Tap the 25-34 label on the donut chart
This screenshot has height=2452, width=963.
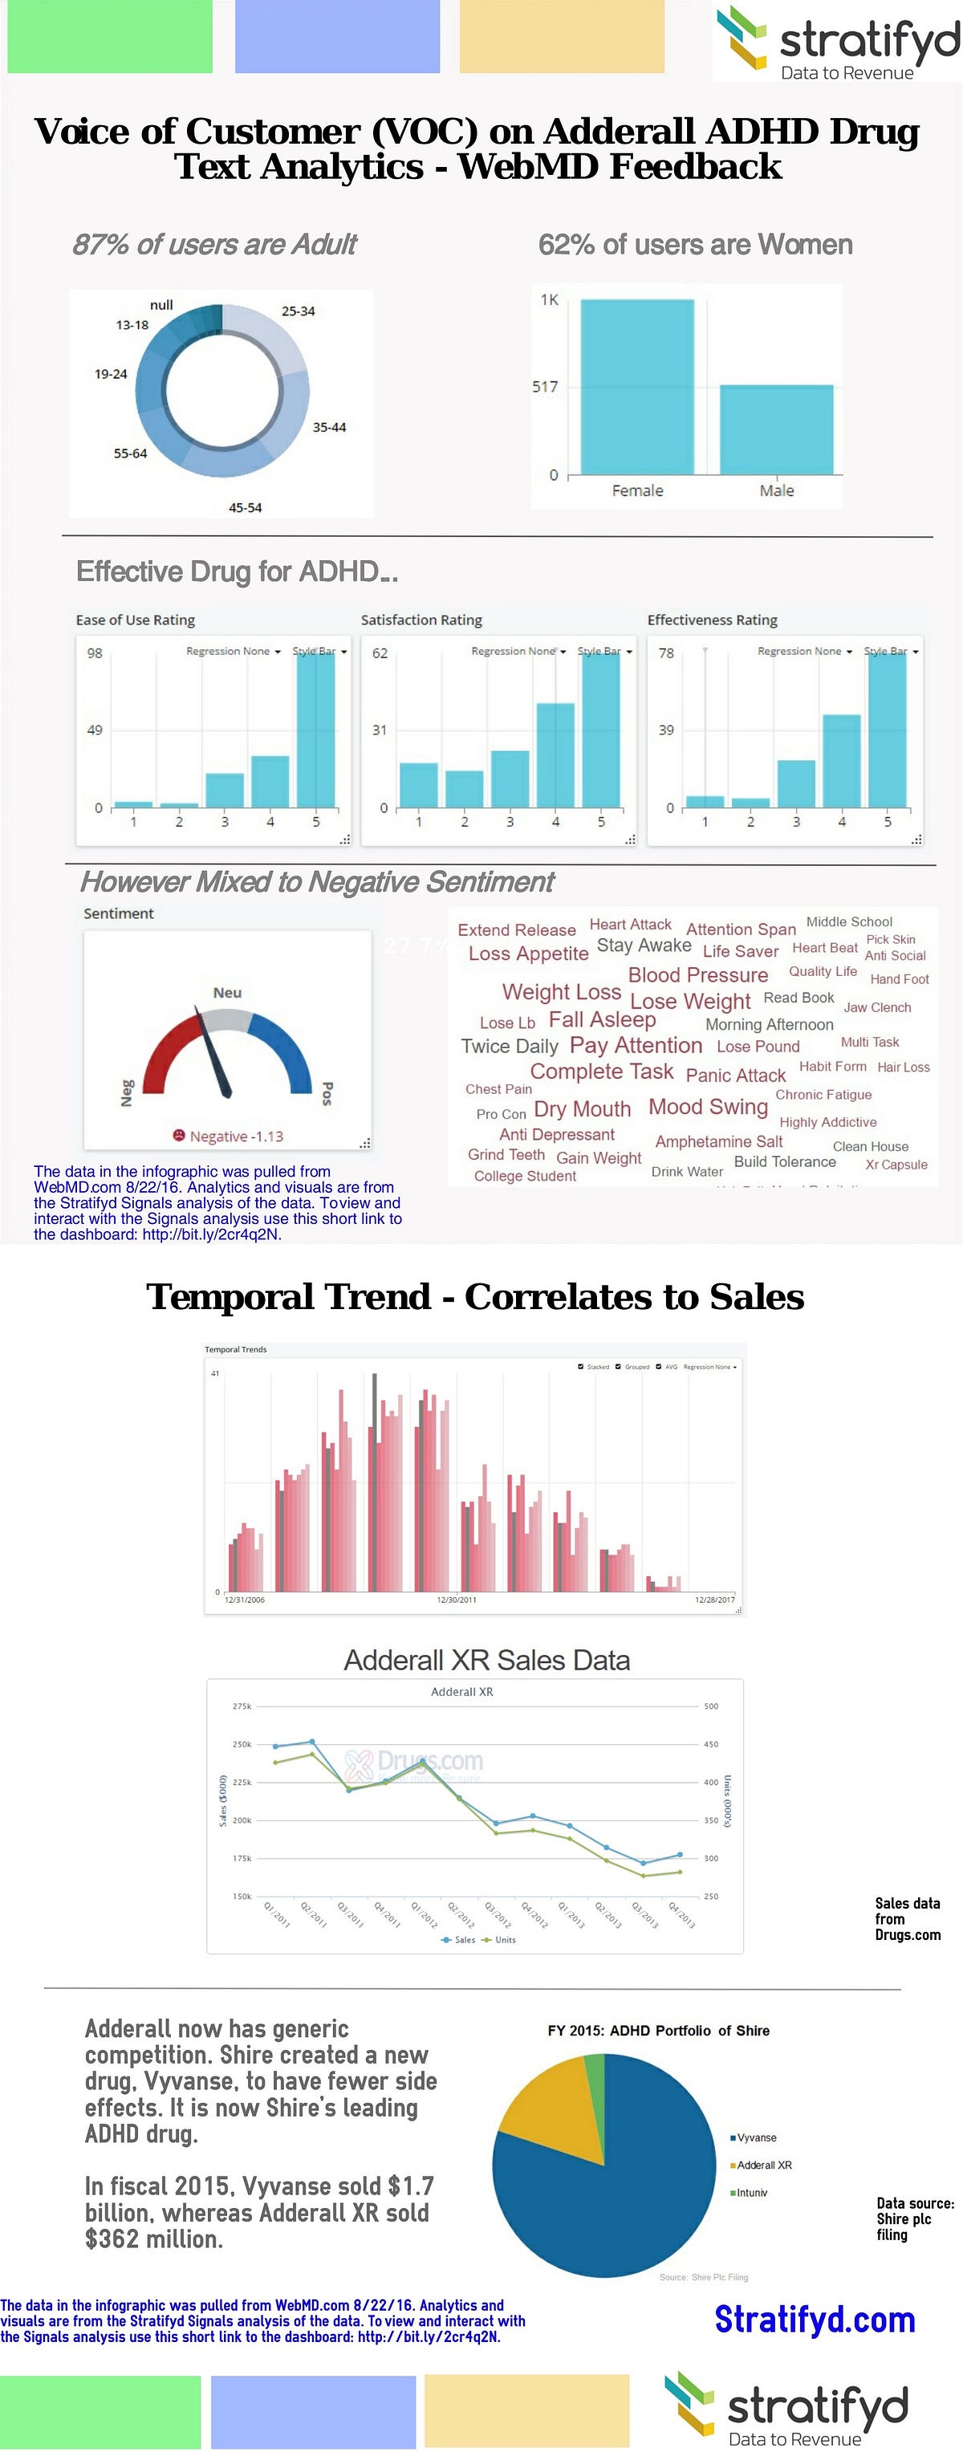pos(298,311)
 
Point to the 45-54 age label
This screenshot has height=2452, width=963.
pos(245,507)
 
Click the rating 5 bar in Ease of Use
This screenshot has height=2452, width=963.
pos(316,729)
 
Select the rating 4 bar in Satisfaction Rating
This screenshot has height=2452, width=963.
pos(555,754)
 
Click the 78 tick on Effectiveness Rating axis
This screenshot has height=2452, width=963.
pos(666,653)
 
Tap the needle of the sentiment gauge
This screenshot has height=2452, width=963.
pos(216,1056)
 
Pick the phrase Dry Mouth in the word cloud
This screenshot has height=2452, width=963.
pos(582,1109)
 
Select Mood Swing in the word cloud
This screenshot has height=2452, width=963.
pos(708,1107)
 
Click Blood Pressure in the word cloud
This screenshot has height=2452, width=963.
pos(697,974)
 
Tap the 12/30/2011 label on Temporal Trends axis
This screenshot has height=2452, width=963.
pos(457,1599)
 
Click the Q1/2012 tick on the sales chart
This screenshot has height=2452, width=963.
pos(425,1913)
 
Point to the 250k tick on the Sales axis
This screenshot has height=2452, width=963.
pos(242,1744)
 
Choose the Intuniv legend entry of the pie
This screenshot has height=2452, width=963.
pos(751,2192)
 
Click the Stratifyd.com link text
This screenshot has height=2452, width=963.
pos(815,2319)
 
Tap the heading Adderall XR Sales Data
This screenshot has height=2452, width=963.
pos(486,1660)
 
